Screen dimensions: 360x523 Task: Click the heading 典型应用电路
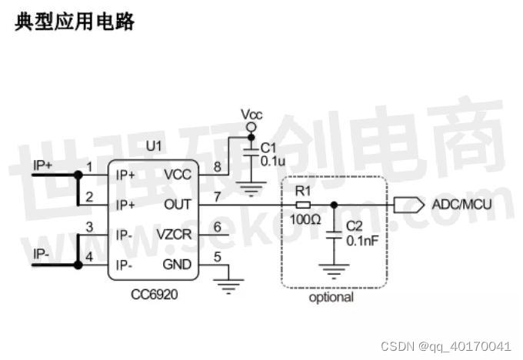[x=75, y=22]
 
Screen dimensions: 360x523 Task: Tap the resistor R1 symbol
[x=303, y=205]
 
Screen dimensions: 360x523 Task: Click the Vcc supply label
[x=252, y=115]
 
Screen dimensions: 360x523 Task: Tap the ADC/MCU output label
[x=461, y=205]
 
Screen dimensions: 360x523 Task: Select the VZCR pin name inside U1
[x=173, y=235]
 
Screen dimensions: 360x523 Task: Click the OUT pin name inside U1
[x=177, y=205]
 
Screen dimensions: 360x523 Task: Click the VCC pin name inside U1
[x=177, y=175]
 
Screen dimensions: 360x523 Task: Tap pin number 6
[x=217, y=227]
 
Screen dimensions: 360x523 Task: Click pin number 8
[x=217, y=166]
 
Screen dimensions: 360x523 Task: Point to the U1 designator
[x=154, y=146]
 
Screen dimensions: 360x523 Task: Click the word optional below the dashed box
[x=331, y=297]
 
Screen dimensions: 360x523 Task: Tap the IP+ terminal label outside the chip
[x=42, y=165]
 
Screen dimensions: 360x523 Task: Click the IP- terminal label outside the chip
[x=41, y=253]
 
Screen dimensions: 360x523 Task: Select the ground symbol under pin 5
[x=227, y=288]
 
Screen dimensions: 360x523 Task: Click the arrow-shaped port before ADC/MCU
[x=408, y=205]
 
